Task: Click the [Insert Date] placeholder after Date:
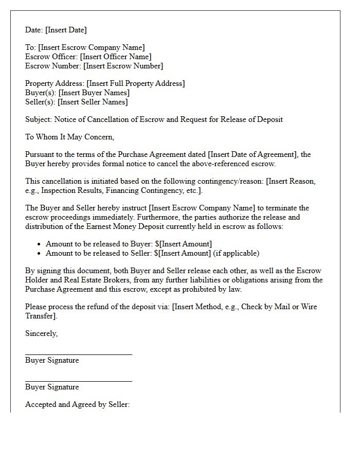click(66, 30)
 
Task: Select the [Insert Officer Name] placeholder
click(116, 57)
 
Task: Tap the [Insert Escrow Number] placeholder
click(123, 66)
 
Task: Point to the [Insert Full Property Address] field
click(136, 83)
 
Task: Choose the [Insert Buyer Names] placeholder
click(94, 93)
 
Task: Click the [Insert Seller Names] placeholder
click(94, 102)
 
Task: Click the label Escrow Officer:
click(51, 57)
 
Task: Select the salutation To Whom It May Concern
click(69, 137)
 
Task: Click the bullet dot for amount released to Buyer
click(39, 244)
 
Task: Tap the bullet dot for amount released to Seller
click(39, 254)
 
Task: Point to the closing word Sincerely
click(41, 333)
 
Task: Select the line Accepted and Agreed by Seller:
click(77, 404)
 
